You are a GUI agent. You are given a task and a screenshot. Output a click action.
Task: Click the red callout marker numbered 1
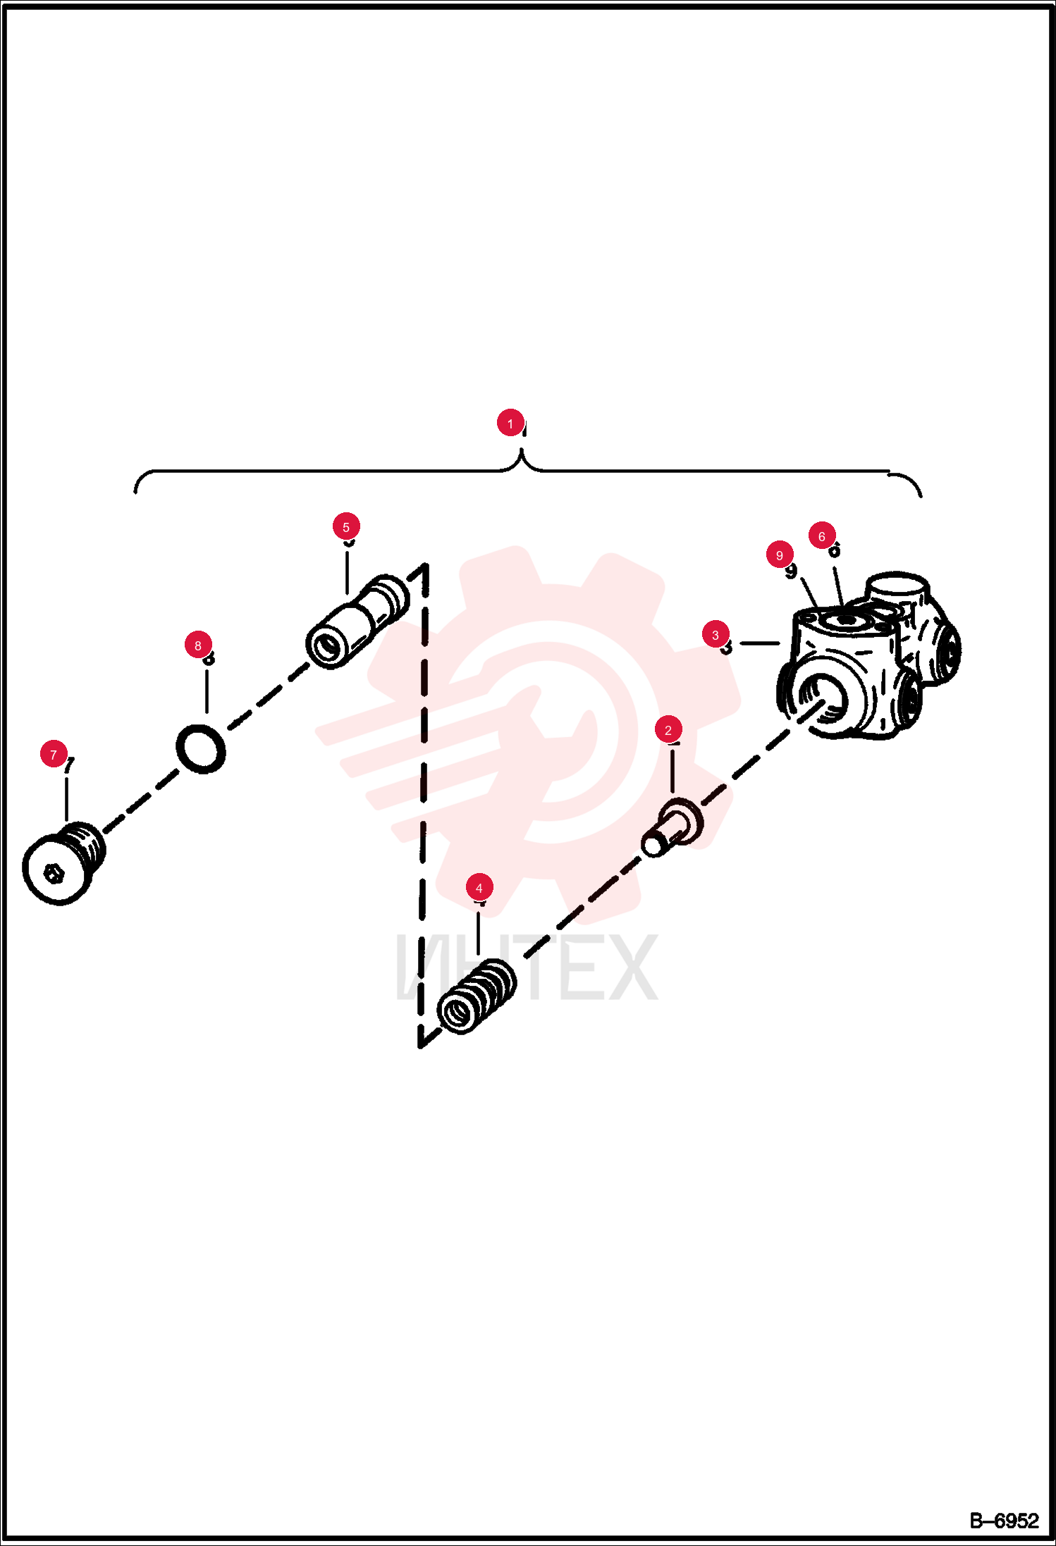[x=510, y=423]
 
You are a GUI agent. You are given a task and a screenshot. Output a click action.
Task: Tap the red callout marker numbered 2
[x=668, y=730]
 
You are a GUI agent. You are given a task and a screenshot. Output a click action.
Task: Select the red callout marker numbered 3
[x=716, y=635]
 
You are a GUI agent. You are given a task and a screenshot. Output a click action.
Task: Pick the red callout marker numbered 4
[x=479, y=888]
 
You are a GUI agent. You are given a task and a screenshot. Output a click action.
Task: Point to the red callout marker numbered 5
[x=346, y=526]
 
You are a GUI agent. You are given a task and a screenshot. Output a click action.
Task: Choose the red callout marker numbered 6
[x=822, y=536]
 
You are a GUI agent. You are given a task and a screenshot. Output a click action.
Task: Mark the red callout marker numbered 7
[x=54, y=755]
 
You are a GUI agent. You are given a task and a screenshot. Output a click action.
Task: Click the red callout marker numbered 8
[x=198, y=645]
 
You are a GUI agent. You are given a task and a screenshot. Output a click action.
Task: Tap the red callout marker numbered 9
[x=780, y=555]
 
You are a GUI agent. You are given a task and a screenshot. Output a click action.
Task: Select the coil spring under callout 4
[x=477, y=996]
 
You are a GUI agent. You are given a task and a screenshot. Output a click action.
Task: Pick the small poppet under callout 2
[x=672, y=828]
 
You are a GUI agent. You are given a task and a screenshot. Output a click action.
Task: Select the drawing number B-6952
[x=1004, y=1521]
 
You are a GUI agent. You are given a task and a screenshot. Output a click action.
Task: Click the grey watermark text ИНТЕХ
[x=527, y=967]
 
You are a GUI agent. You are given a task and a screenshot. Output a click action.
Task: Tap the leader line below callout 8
[x=207, y=691]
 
